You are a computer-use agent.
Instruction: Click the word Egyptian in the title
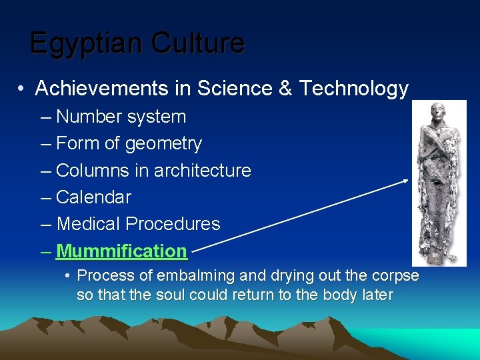click(x=87, y=43)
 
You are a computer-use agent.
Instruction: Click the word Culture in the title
click(x=197, y=43)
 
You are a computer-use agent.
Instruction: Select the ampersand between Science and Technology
click(x=285, y=89)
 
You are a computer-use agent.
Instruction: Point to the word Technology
click(x=353, y=89)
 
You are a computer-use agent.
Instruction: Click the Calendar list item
click(x=93, y=197)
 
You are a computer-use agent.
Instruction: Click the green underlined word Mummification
click(x=121, y=251)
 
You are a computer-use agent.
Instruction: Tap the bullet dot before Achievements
click(x=22, y=89)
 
